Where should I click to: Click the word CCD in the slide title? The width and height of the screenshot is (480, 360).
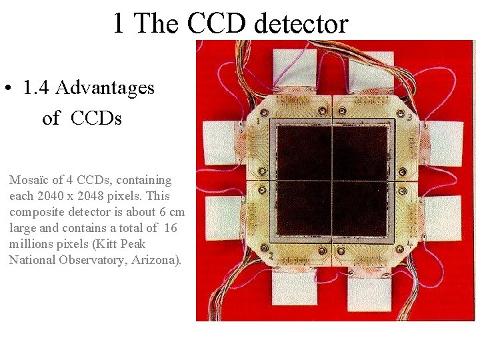coord(215,24)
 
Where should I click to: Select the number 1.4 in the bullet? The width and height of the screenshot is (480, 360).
coord(36,88)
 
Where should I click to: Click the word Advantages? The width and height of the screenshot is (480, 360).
coord(105,88)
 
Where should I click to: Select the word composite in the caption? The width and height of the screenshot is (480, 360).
coord(34,212)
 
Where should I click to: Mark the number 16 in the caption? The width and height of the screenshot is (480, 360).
coord(171,228)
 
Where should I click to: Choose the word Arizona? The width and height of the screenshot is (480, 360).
coord(155,260)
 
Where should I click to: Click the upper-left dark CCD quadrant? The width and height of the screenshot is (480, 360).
coord(304,152)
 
